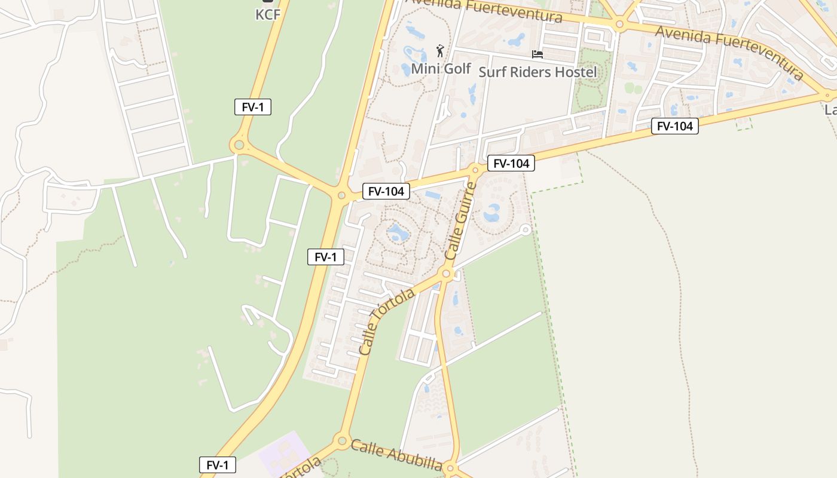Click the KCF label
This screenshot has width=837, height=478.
pos(268,14)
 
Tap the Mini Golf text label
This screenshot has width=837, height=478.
pos(441,69)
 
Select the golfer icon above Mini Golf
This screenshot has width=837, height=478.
pos(441,51)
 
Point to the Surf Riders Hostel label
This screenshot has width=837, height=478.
pos(538,72)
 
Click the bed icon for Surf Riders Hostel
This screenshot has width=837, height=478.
pos(537,54)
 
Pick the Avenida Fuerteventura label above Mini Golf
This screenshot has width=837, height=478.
pos(484,8)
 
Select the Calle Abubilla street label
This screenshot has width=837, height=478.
pos(396,455)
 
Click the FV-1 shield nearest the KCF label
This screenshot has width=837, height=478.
pos(253,108)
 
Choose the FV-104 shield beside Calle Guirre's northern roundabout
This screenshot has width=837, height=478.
pos(511,163)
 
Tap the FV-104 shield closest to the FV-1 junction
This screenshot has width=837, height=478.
pos(386,192)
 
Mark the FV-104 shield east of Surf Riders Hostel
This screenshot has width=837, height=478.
pos(675,126)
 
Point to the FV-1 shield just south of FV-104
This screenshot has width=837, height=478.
pos(326,258)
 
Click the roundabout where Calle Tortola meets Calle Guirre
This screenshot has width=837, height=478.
pos(446,274)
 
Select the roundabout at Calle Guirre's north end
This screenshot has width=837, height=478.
pos(476,170)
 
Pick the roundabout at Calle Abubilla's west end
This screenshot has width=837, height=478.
pos(342,442)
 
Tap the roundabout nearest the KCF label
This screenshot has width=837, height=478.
pos(239,145)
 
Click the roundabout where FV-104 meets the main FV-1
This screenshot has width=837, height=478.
pos(341,195)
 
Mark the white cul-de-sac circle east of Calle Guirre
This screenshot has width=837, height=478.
pos(526,229)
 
